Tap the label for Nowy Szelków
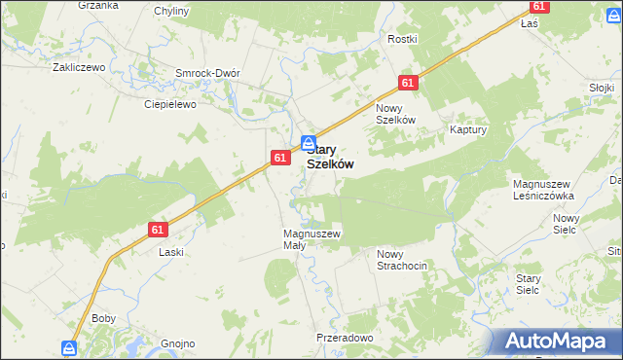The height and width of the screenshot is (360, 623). [x=396, y=113]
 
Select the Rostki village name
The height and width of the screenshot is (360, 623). [x=402, y=39]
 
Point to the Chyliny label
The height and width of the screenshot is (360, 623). [x=172, y=11]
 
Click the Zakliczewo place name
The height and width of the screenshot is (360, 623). [x=78, y=68]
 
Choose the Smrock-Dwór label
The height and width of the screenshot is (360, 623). [x=206, y=73]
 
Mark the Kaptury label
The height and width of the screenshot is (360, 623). [x=468, y=128]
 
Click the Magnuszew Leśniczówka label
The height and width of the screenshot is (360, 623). [x=543, y=190]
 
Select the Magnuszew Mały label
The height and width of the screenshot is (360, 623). [x=311, y=239]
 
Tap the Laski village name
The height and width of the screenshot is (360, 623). [x=171, y=251]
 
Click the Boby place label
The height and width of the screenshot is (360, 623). [x=103, y=318]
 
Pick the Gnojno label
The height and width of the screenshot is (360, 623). [x=179, y=343]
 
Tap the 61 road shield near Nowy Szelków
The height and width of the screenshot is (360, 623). [x=408, y=84]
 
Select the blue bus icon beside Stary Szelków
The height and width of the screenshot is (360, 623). [x=308, y=142]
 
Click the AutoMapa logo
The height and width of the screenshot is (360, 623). [x=557, y=342]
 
